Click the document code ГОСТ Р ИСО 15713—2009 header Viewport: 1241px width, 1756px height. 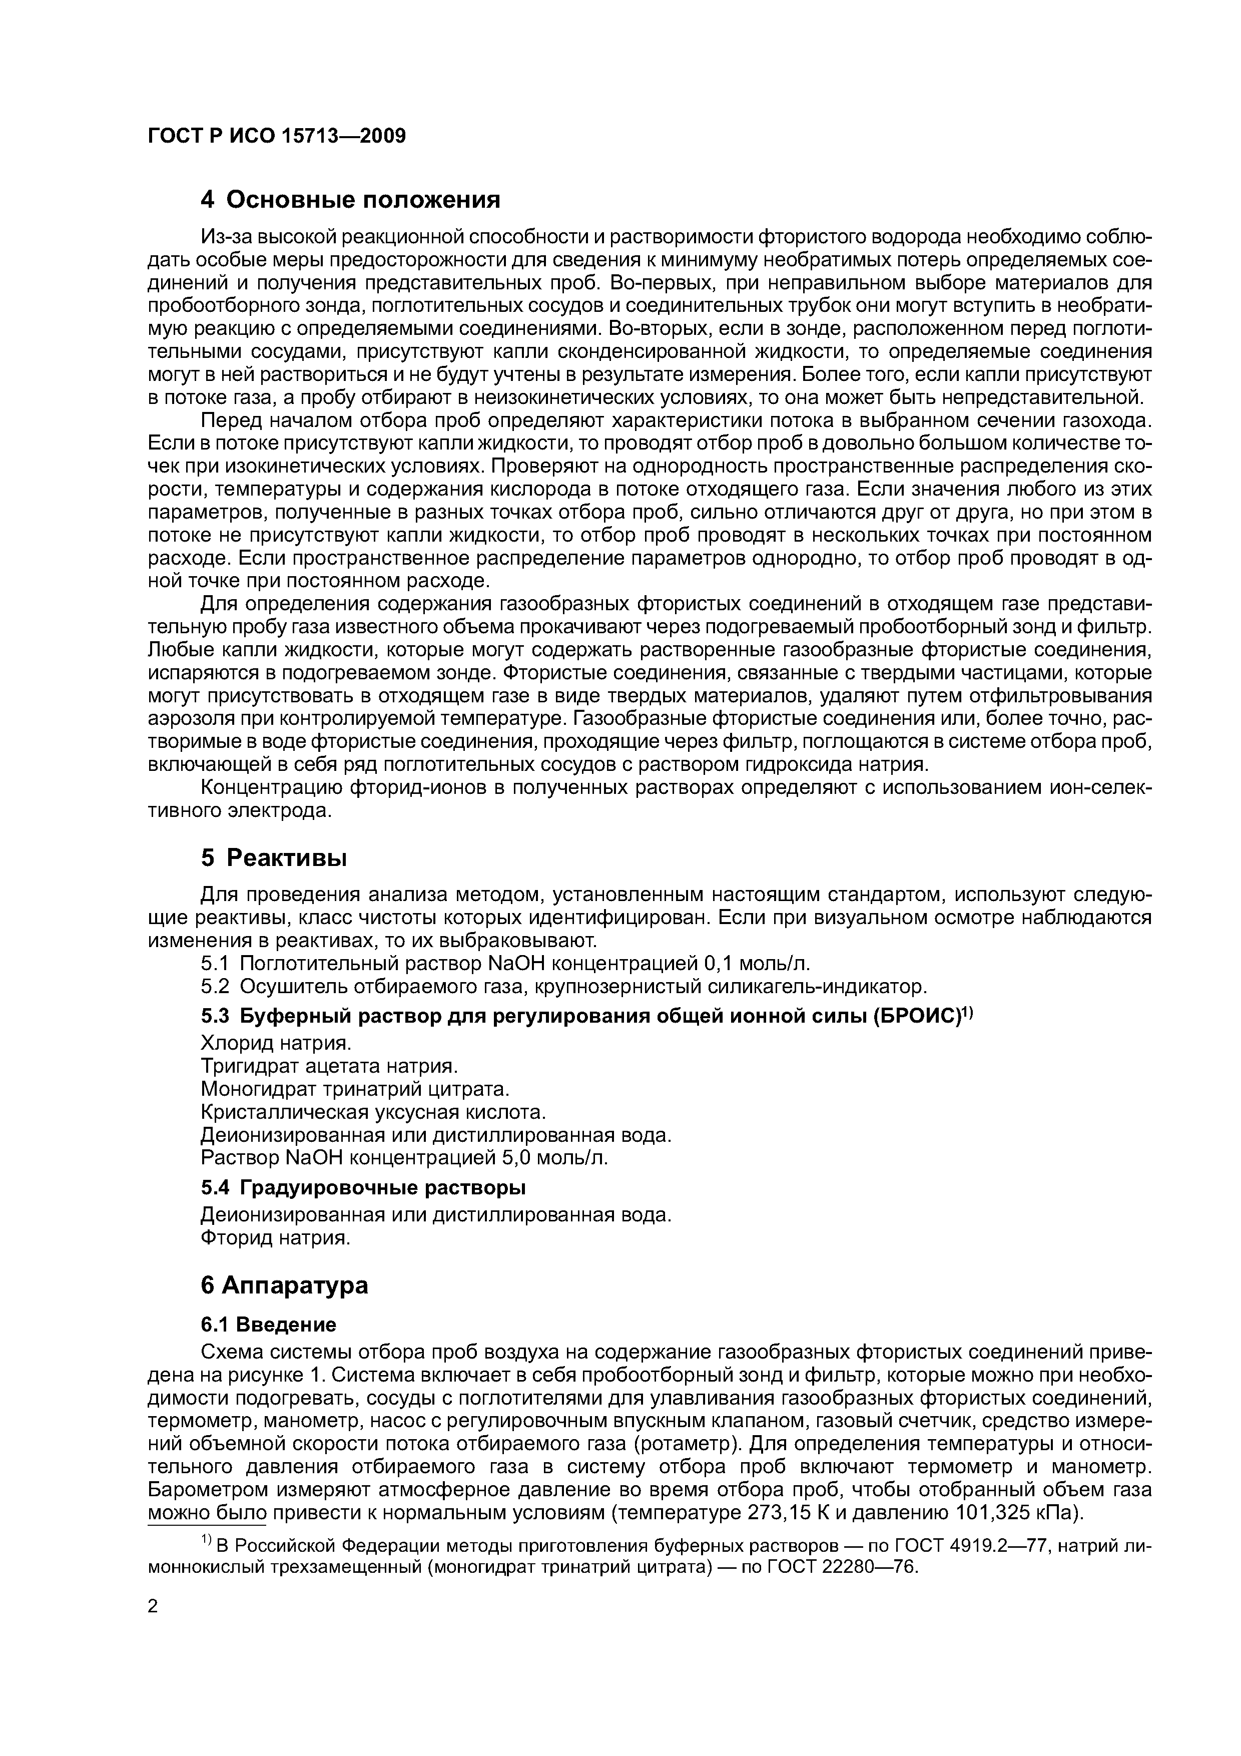pyautogui.click(x=277, y=136)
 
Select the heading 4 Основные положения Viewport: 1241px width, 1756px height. pyautogui.click(x=350, y=200)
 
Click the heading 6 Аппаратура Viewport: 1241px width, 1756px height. pyautogui.click(x=284, y=1285)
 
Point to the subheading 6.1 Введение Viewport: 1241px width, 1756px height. pyautogui.click(x=268, y=1324)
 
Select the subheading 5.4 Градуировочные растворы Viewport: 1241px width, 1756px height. pyautogui.click(x=363, y=1188)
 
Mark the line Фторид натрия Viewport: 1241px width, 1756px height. pyautogui.click(x=275, y=1237)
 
